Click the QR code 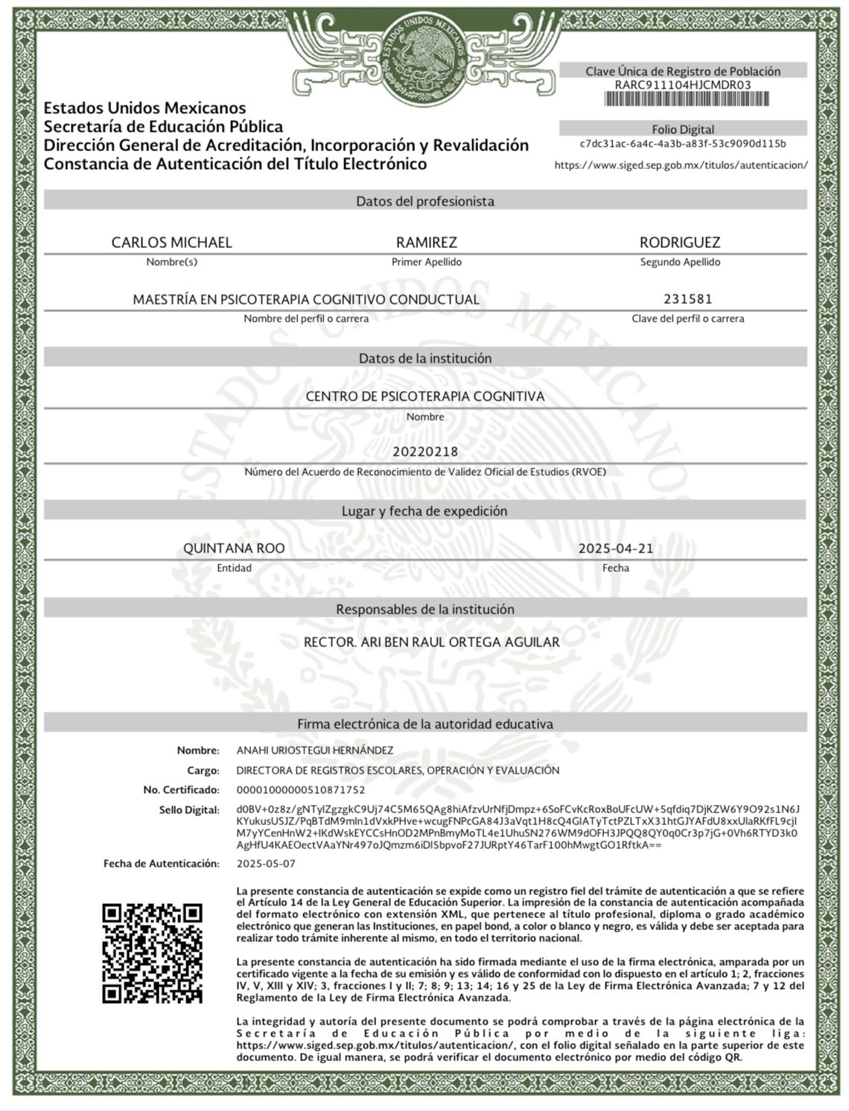152,952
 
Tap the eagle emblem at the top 424,56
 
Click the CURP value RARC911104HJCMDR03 683,85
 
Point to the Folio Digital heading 683,129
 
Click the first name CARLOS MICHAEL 171,242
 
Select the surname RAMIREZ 426,242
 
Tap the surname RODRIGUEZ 680,242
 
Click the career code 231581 687,299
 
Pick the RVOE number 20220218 425,451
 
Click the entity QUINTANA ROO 234,548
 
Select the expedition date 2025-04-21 616,548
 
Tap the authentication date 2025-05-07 266,864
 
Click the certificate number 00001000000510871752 301,789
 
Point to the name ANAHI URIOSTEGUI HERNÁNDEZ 315,750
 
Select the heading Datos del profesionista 424,201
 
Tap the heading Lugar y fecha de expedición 424,511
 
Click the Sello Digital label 189,809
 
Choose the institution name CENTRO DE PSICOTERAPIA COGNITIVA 425,396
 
